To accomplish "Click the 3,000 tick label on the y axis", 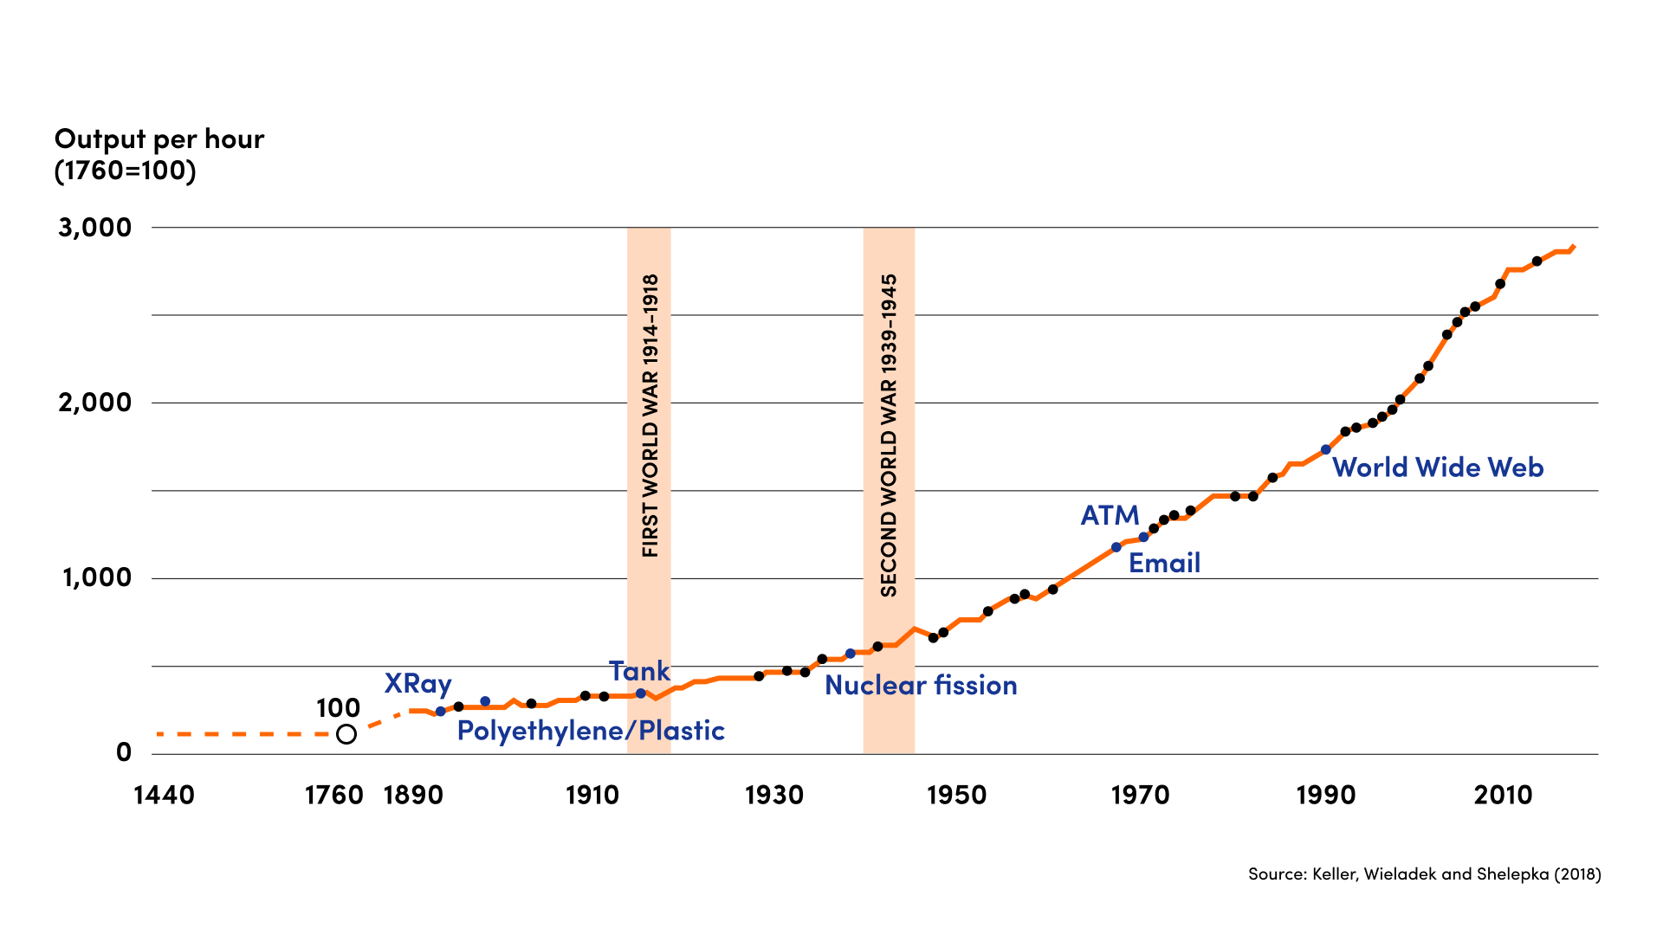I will click(x=94, y=228).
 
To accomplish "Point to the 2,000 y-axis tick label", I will click(x=94, y=403).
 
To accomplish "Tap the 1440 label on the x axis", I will click(x=164, y=795).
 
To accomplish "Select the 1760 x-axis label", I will click(x=333, y=795).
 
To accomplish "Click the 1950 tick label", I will click(x=956, y=795).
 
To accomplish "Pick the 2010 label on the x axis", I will click(x=1503, y=795).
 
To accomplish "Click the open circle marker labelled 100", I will click(x=346, y=734).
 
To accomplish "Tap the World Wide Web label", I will click(x=1438, y=467).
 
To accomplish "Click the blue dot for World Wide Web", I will click(x=1325, y=450).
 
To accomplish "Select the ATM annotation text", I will click(x=1110, y=516).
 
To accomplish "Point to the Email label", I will click(x=1164, y=564).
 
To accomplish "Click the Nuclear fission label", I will click(x=921, y=686).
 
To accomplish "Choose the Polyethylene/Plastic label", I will click(x=591, y=731).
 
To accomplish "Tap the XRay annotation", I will click(x=417, y=684).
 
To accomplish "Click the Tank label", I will click(x=639, y=671).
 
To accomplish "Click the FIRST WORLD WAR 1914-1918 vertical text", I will click(x=650, y=416).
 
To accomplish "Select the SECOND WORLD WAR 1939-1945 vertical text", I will click(x=889, y=435).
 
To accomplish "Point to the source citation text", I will click(x=1424, y=874).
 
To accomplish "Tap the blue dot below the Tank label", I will click(x=641, y=693).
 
